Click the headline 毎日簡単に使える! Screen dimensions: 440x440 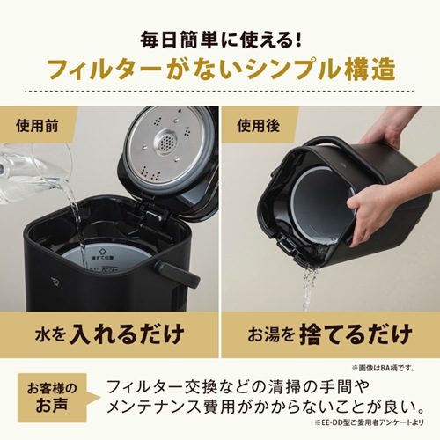[x=219, y=40]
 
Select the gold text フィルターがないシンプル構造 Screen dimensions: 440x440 [x=219, y=70]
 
